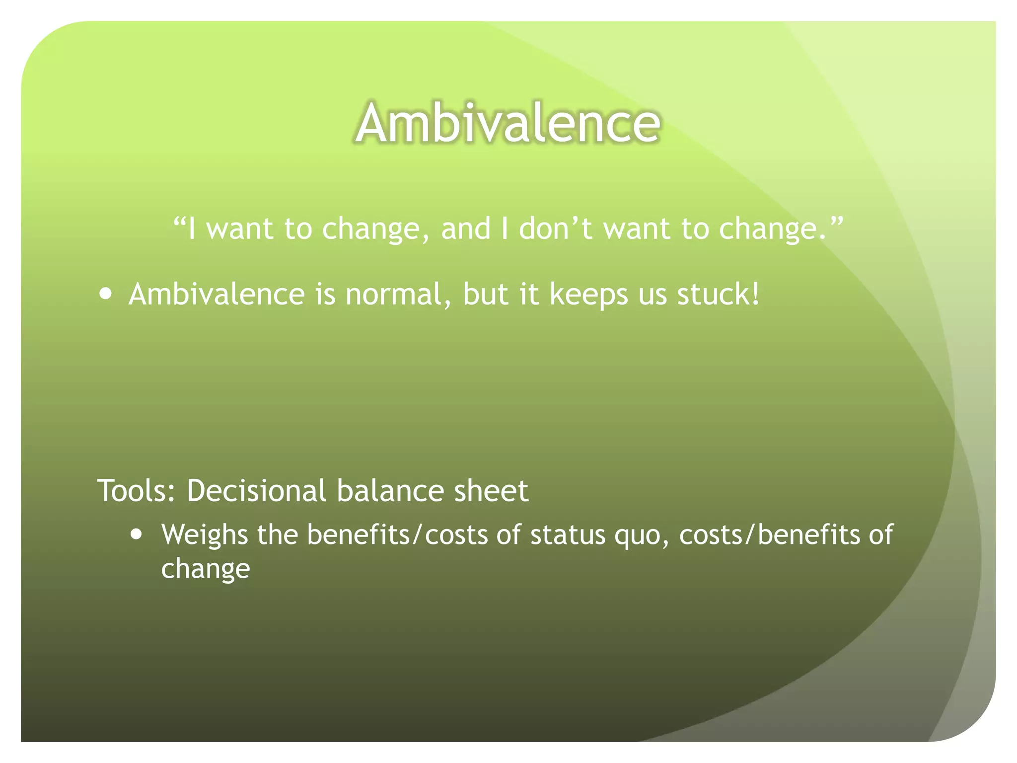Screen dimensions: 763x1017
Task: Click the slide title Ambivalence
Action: coord(508,123)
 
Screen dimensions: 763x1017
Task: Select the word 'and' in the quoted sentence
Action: coord(465,229)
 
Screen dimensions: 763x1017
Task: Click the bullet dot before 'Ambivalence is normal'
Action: coord(105,293)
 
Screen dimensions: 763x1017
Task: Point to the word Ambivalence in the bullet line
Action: coord(217,294)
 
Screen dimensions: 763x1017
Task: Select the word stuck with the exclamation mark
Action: coord(719,294)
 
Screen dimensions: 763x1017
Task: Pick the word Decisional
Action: coord(256,491)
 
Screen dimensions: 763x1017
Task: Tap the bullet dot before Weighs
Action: coord(136,534)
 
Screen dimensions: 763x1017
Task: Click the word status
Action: coord(568,535)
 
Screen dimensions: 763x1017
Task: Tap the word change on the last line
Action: coord(206,569)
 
